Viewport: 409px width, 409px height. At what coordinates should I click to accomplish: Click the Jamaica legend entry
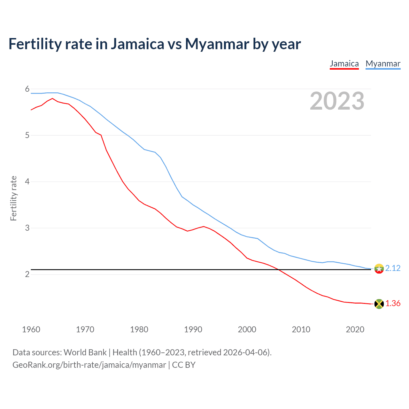click(344, 64)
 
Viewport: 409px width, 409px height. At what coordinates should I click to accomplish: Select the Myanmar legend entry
click(383, 64)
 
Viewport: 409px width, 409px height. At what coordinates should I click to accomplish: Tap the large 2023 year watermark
click(337, 101)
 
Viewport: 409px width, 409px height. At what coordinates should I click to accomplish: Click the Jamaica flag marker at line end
click(379, 304)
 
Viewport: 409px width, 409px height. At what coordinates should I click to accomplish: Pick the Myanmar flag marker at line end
click(379, 269)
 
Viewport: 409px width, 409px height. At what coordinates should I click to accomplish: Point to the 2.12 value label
click(393, 268)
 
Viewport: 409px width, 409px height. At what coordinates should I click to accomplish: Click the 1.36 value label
click(393, 303)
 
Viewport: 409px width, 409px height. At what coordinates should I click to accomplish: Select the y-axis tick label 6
click(27, 89)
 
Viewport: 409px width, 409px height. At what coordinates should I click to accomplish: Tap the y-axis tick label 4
click(27, 181)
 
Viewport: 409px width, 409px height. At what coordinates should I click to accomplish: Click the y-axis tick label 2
click(27, 274)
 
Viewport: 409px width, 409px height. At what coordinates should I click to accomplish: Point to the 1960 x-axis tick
click(31, 329)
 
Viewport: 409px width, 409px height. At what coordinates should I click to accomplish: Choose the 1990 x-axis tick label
click(193, 329)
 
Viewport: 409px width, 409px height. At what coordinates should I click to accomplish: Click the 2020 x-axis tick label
click(355, 329)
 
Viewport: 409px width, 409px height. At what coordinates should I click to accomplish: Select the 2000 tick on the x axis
click(247, 329)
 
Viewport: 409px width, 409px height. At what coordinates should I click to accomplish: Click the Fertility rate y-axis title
click(13, 198)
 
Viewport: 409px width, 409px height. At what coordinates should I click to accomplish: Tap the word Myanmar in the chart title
click(217, 44)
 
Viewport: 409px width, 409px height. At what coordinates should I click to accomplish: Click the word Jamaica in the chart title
click(137, 44)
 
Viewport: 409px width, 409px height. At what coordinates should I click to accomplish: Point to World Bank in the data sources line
click(85, 352)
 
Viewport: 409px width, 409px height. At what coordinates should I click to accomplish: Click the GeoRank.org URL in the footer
click(89, 365)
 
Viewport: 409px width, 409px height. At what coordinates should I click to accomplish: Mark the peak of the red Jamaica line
click(52, 98)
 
